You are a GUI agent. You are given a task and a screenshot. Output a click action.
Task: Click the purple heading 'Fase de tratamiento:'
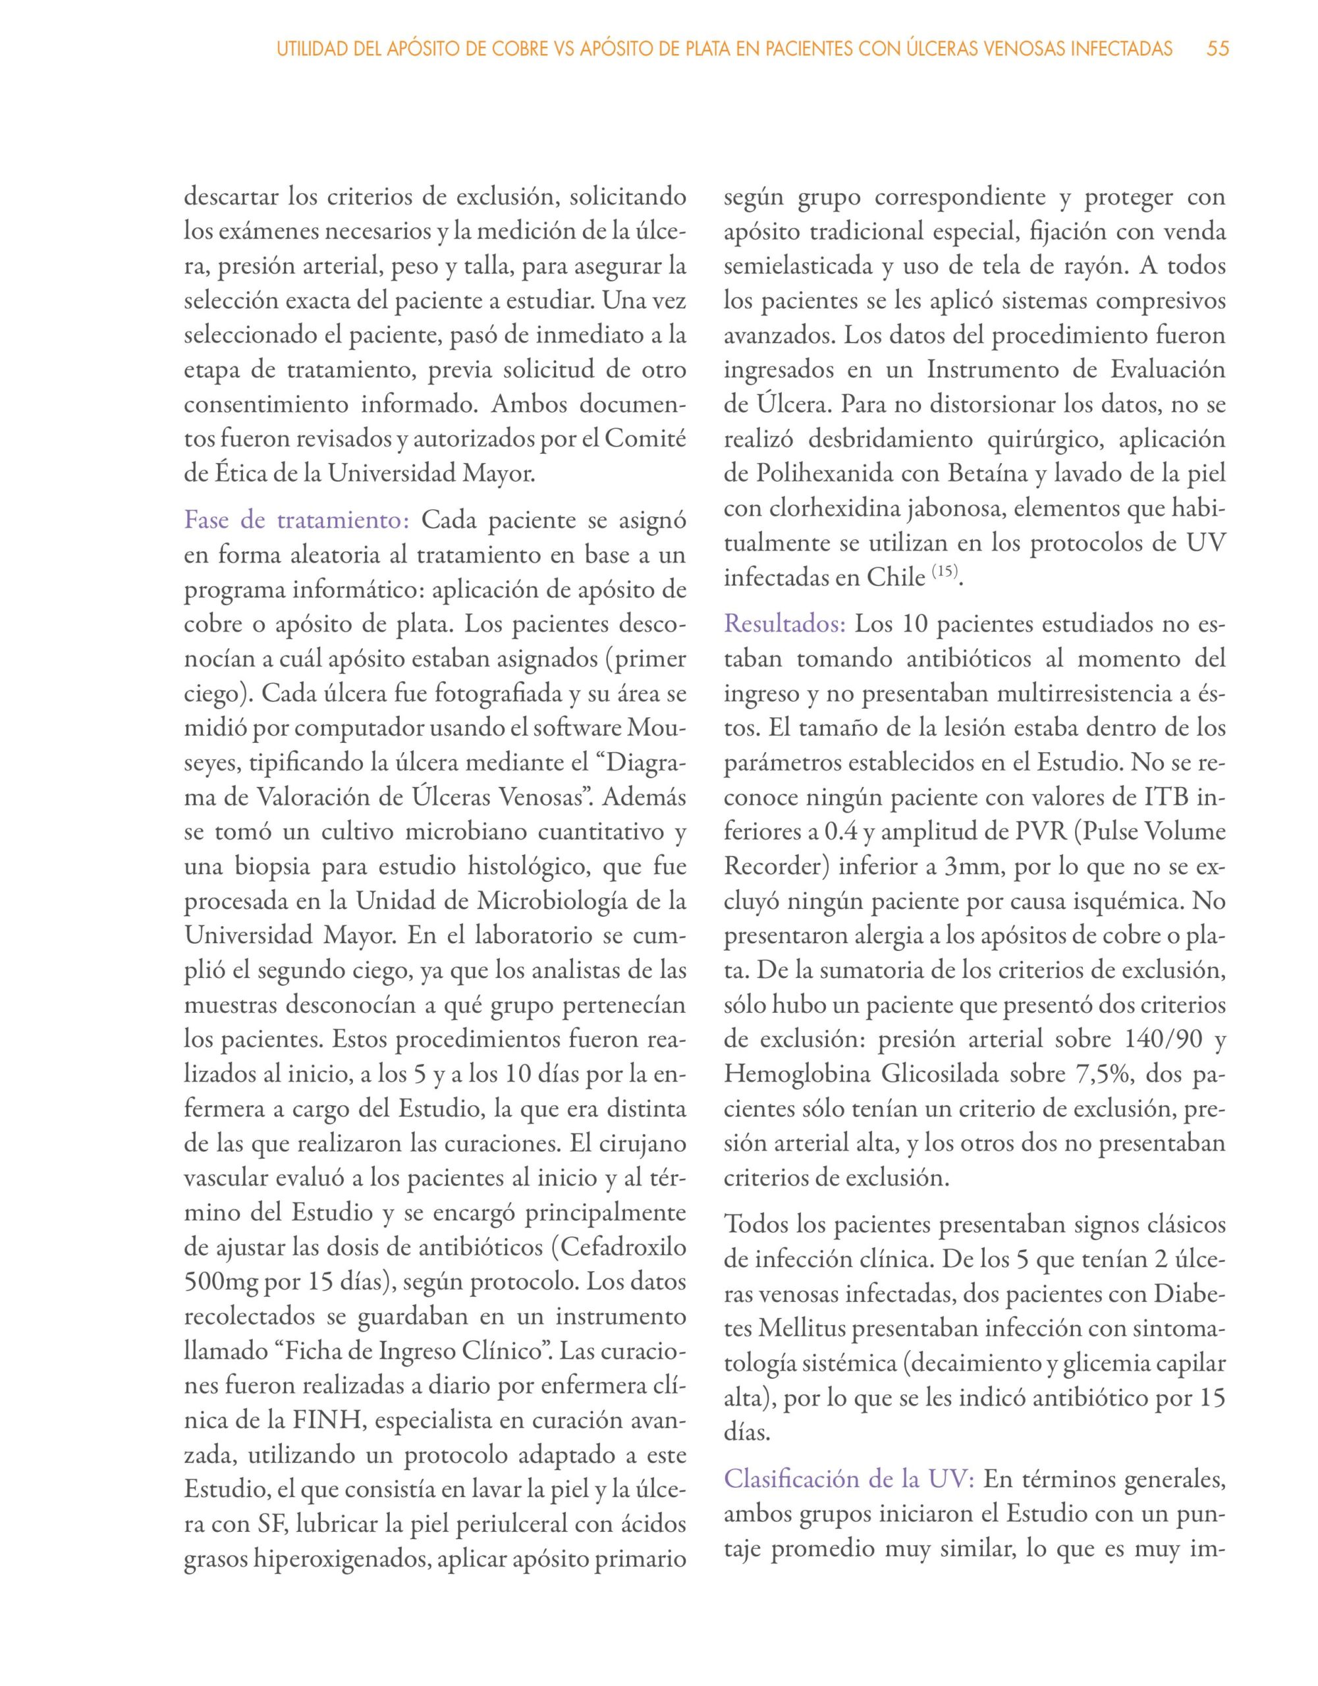296,520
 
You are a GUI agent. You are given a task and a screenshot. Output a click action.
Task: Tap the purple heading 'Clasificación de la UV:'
849,1479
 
